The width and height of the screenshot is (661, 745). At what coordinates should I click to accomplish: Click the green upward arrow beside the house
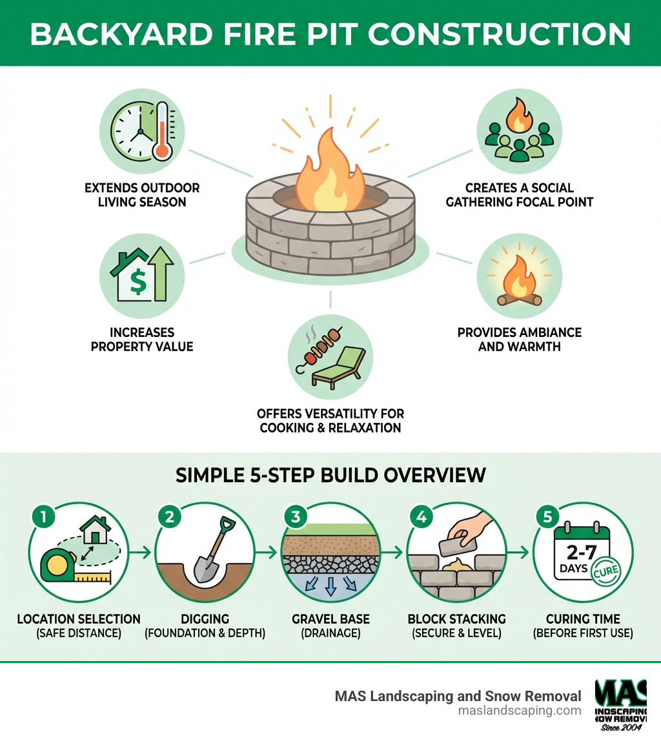[161, 275]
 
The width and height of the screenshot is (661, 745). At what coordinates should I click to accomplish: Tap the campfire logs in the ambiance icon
[520, 298]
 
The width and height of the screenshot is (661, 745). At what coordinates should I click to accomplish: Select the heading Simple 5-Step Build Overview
[330, 475]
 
